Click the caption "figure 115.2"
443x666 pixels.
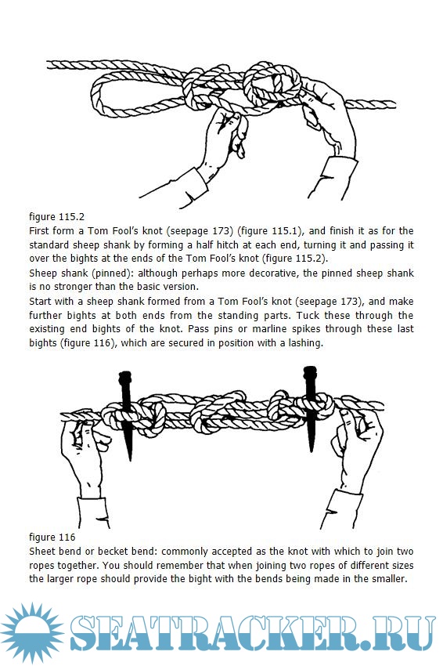point(57,216)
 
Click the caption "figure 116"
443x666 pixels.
point(52,538)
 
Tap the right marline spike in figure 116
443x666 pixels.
point(310,407)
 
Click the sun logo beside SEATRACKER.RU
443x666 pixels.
point(32,633)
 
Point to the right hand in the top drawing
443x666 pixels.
point(326,119)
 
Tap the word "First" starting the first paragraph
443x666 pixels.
point(38,231)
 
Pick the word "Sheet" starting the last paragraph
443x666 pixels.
point(41,552)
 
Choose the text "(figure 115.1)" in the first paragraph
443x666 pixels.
point(269,231)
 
